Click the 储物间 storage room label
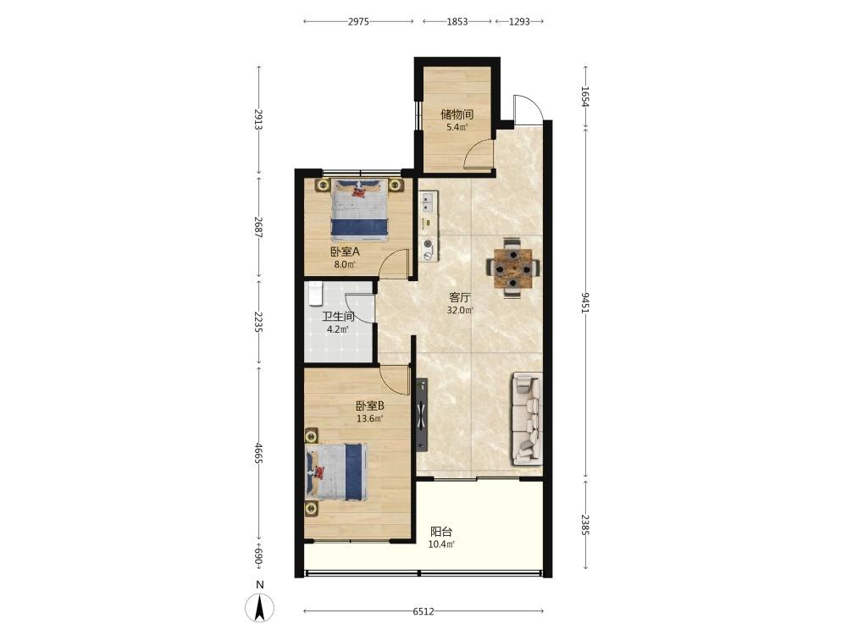click(x=457, y=114)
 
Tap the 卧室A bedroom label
click(x=345, y=251)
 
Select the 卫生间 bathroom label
click(x=338, y=317)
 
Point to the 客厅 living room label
click(x=460, y=297)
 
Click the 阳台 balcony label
click(x=440, y=532)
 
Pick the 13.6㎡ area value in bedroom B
click(x=369, y=418)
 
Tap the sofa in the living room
click(x=526, y=419)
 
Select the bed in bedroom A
click(x=359, y=209)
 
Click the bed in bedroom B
click(x=336, y=472)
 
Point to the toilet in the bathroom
click(x=315, y=293)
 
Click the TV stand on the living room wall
click(x=422, y=415)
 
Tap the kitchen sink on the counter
click(x=429, y=202)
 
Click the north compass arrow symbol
click(x=260, y=609)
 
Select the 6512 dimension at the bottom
click(x=423, y=611)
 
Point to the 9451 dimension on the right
click(x=585, y=303)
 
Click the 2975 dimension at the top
click(x=358, y=22)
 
